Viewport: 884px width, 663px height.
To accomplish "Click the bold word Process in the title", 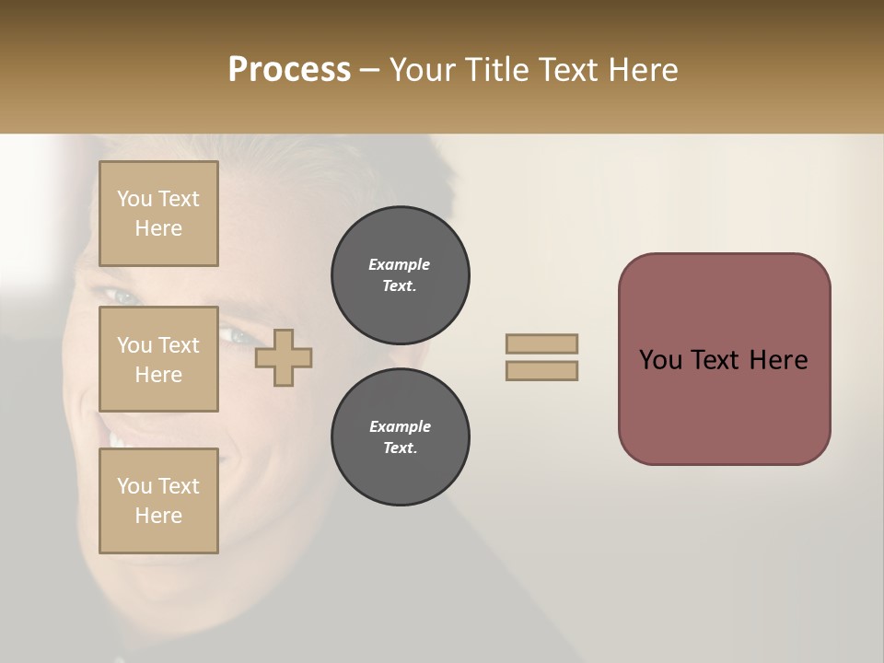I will point(289,70).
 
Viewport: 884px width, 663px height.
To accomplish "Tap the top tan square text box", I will point(158,214).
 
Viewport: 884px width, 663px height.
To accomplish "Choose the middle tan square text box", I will point(158,359).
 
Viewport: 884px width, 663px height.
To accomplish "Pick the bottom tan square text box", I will point(158,501).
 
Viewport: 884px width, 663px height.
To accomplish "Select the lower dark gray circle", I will point(400,437).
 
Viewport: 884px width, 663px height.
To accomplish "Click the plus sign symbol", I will point(284,358).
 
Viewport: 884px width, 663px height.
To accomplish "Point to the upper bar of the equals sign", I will point(542,343).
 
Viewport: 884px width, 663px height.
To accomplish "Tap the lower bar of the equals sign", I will point(542,371).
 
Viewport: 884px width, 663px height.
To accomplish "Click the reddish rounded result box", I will point(724,359).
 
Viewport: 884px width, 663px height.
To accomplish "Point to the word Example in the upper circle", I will point(399,264).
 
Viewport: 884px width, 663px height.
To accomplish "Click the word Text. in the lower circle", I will point(400,448).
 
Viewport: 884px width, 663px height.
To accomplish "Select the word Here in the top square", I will point(158,228).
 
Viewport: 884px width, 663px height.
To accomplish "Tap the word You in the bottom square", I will point(134,486).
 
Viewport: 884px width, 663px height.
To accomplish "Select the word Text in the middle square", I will point(178,345).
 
